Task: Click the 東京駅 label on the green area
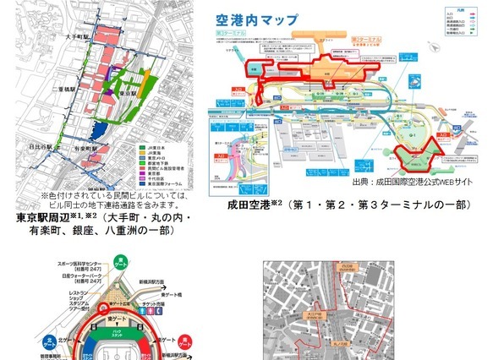[x=126, y=94]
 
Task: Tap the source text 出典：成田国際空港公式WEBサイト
[x=402, y=183]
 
